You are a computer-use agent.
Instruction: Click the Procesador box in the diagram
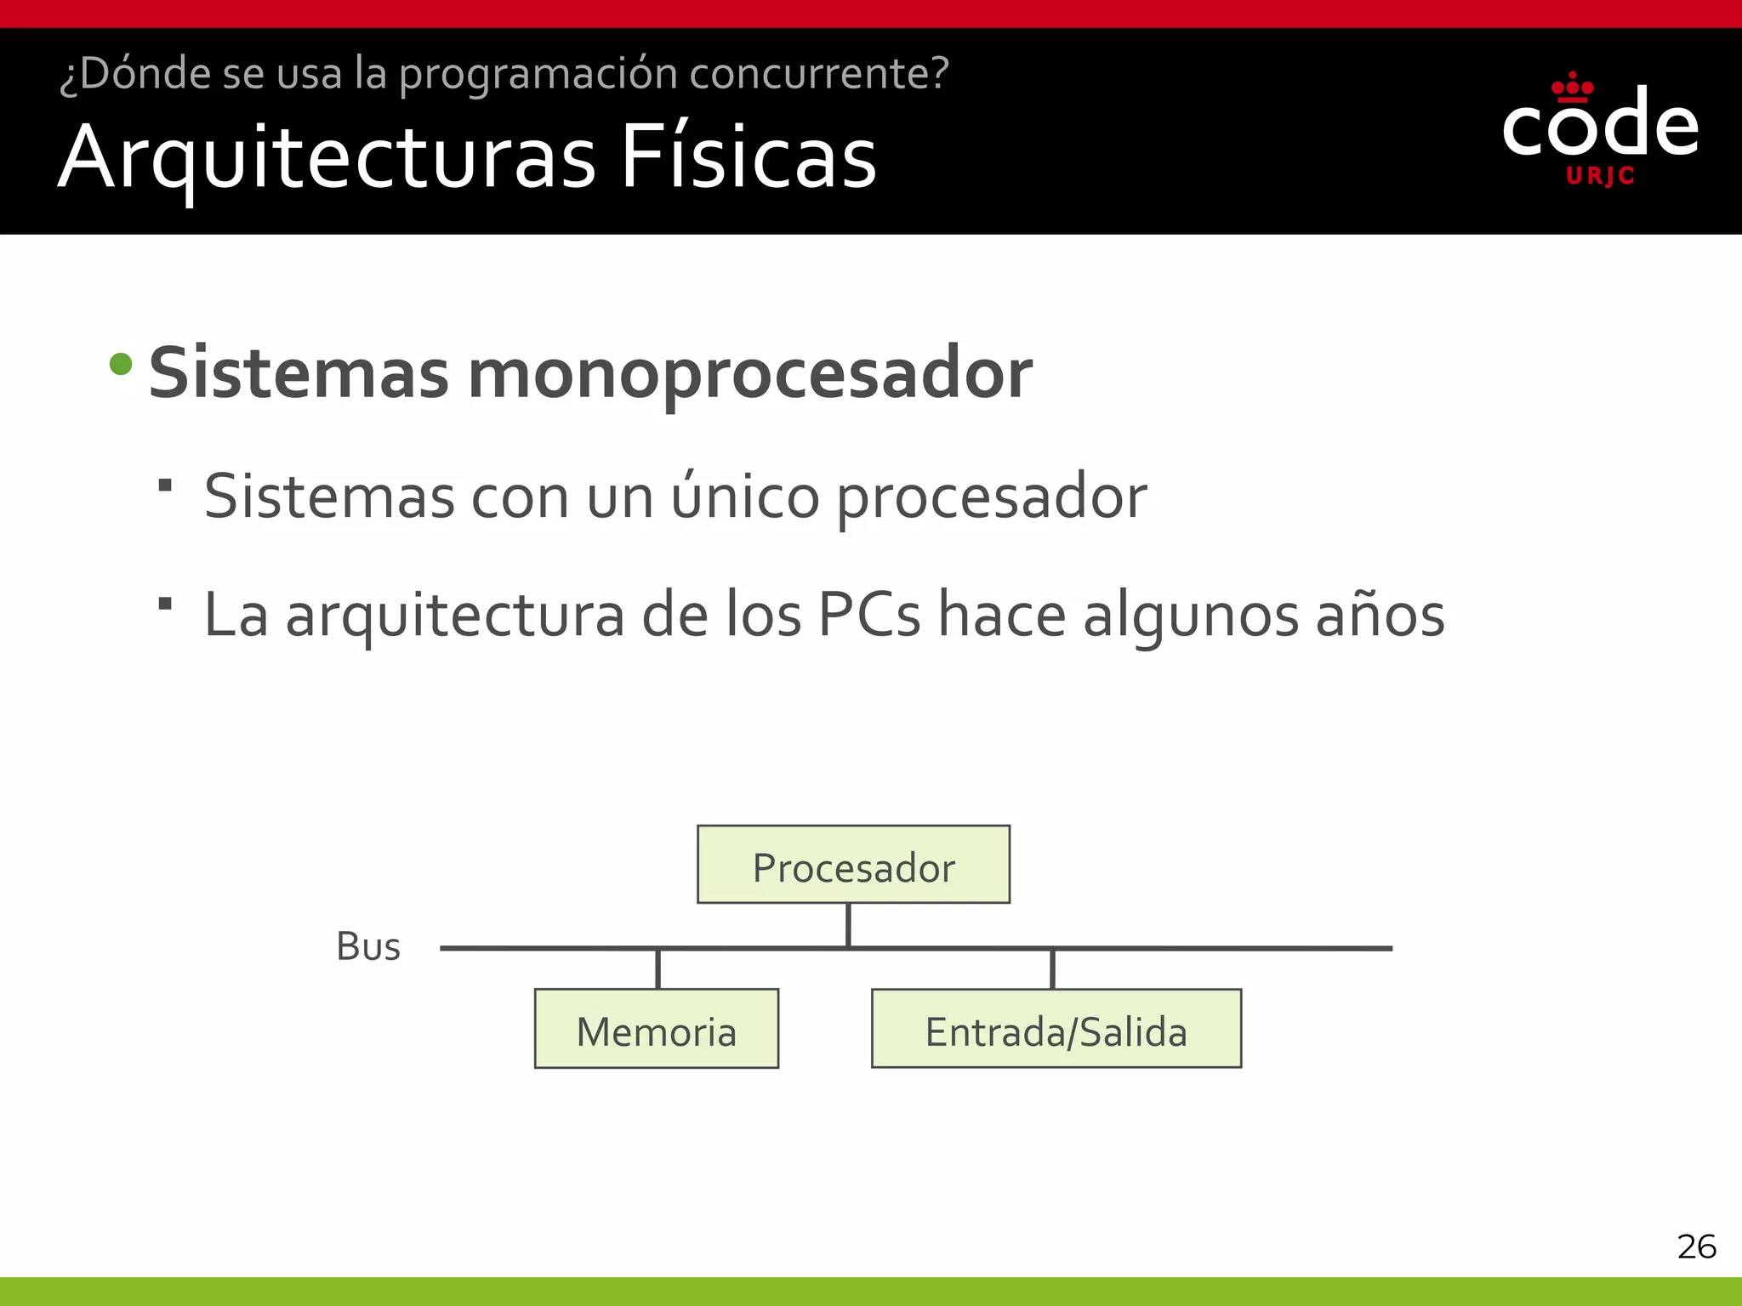[853, 865]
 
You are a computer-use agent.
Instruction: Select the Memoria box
[656, 1029]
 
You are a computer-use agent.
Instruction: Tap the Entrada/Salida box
[1056, 1029]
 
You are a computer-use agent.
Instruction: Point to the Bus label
[368, 946]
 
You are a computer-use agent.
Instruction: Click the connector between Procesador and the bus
[848, 925]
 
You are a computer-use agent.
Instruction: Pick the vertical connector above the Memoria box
[658, 968]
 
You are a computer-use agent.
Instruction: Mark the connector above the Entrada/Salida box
[1052, 968]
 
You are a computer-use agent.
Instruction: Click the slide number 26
[1696, 1246]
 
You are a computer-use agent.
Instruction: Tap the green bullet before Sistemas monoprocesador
[122, 365]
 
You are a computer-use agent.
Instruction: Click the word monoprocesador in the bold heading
[749, 374]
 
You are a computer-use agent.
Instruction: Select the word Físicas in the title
[749, 158]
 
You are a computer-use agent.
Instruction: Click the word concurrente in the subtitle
[818, 73]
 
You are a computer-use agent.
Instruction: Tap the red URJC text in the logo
[1600, 176]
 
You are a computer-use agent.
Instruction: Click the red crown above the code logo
[1573, 87]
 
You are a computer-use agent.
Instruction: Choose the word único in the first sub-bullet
[745, 497]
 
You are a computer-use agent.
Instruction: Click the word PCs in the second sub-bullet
[868, 615]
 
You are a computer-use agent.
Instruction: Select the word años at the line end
[1380, 615]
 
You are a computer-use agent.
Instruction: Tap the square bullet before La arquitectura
[165, 604]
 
